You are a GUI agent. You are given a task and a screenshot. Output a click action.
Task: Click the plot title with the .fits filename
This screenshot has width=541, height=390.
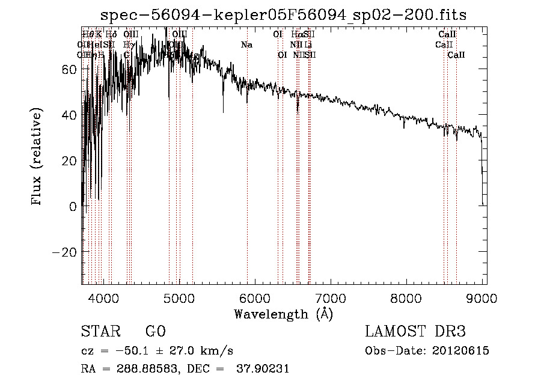283,14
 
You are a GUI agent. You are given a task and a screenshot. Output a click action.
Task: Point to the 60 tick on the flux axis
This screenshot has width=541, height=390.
69,69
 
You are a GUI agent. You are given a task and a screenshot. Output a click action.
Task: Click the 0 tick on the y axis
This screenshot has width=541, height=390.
73,206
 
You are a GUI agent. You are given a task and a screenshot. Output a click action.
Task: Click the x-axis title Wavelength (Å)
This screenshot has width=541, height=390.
283,314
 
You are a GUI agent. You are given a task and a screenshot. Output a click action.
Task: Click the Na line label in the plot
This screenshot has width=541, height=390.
246,44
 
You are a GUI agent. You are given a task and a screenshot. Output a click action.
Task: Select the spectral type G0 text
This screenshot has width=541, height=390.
155,332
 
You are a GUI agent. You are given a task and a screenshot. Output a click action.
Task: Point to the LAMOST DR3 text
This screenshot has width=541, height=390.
415,332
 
